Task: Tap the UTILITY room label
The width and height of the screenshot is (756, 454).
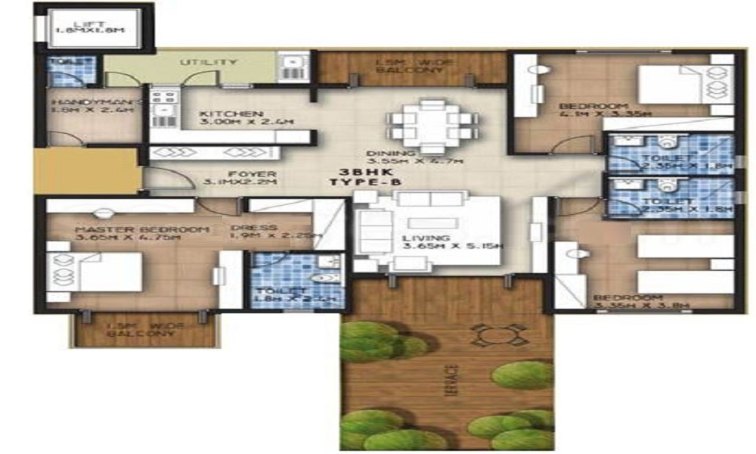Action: (x=208, y=62)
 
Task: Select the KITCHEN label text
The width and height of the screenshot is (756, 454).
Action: (x=221, y=114)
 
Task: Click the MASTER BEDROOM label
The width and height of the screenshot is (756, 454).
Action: (x=141, y=229)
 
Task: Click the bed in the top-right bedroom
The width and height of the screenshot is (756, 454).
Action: (x=683, y=85)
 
